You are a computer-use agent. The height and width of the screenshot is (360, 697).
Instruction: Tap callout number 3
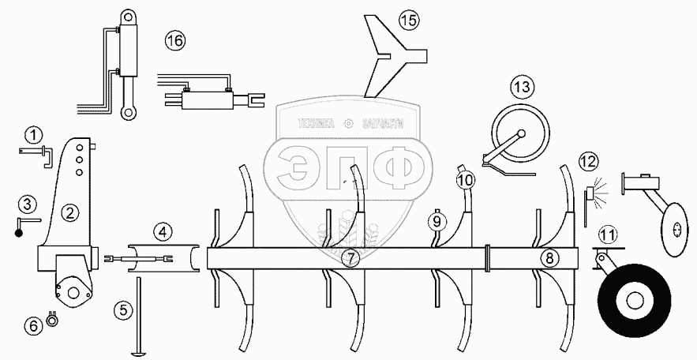[x=27, y=204]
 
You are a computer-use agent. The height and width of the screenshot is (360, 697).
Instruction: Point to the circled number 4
[x=161, y=232]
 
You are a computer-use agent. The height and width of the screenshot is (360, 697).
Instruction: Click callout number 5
[x=122, y=309]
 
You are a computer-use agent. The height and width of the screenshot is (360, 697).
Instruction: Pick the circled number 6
[x=33, y=324]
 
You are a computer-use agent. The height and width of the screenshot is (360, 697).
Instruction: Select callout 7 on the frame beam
[x=351, y=257]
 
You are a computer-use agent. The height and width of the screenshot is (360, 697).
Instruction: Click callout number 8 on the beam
[x=549, y=257]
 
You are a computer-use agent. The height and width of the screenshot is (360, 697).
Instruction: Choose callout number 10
[x=466, y=180]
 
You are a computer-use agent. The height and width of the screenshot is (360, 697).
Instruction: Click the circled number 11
[x=606, y=234]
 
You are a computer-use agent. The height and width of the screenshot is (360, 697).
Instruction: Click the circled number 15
[x=407, y=19]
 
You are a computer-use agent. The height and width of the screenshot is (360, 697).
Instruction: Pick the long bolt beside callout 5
[x=137, y=316]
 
